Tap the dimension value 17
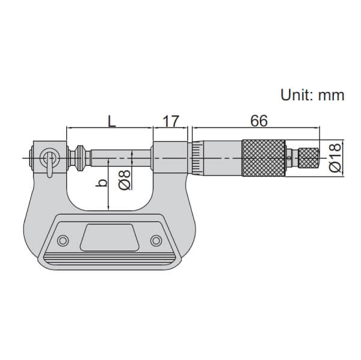pos(171,120)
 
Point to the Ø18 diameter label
pos(335,158)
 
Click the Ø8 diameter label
pos(125,180)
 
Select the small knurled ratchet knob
pos(309,158)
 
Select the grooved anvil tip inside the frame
pos(79,158)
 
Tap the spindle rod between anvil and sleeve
pos(120,158)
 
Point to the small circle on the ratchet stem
pos(291,158)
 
